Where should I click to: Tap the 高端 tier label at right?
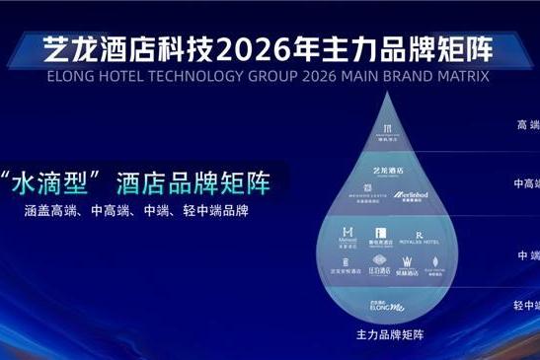[x=527, y=125]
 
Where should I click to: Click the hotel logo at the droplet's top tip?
[x=388, y=134]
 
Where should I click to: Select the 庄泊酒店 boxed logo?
[x=379, y=266]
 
